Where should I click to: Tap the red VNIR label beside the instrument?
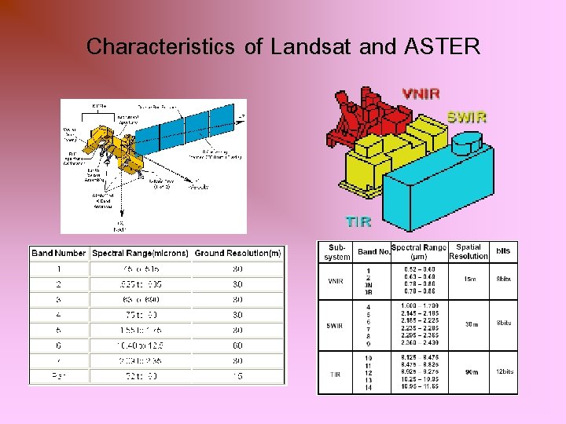click(421, 93)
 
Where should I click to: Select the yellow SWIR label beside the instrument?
click(467, 117)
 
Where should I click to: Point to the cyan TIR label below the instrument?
click(358, 221)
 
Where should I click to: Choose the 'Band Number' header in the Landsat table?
click(59, 253)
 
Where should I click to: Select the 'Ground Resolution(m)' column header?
click(237, 253)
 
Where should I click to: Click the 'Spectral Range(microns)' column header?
click(141, 253)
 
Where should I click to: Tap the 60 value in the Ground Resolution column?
click(237, 345)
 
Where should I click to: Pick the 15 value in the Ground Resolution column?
click(237, 376)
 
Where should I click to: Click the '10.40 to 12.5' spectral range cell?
click(141, 345)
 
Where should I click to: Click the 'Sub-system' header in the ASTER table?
click(337, 252)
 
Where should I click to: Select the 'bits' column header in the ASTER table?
click(503, 251)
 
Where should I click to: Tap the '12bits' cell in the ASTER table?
click(503, 371)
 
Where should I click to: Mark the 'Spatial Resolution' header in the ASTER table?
click(469, 251)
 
